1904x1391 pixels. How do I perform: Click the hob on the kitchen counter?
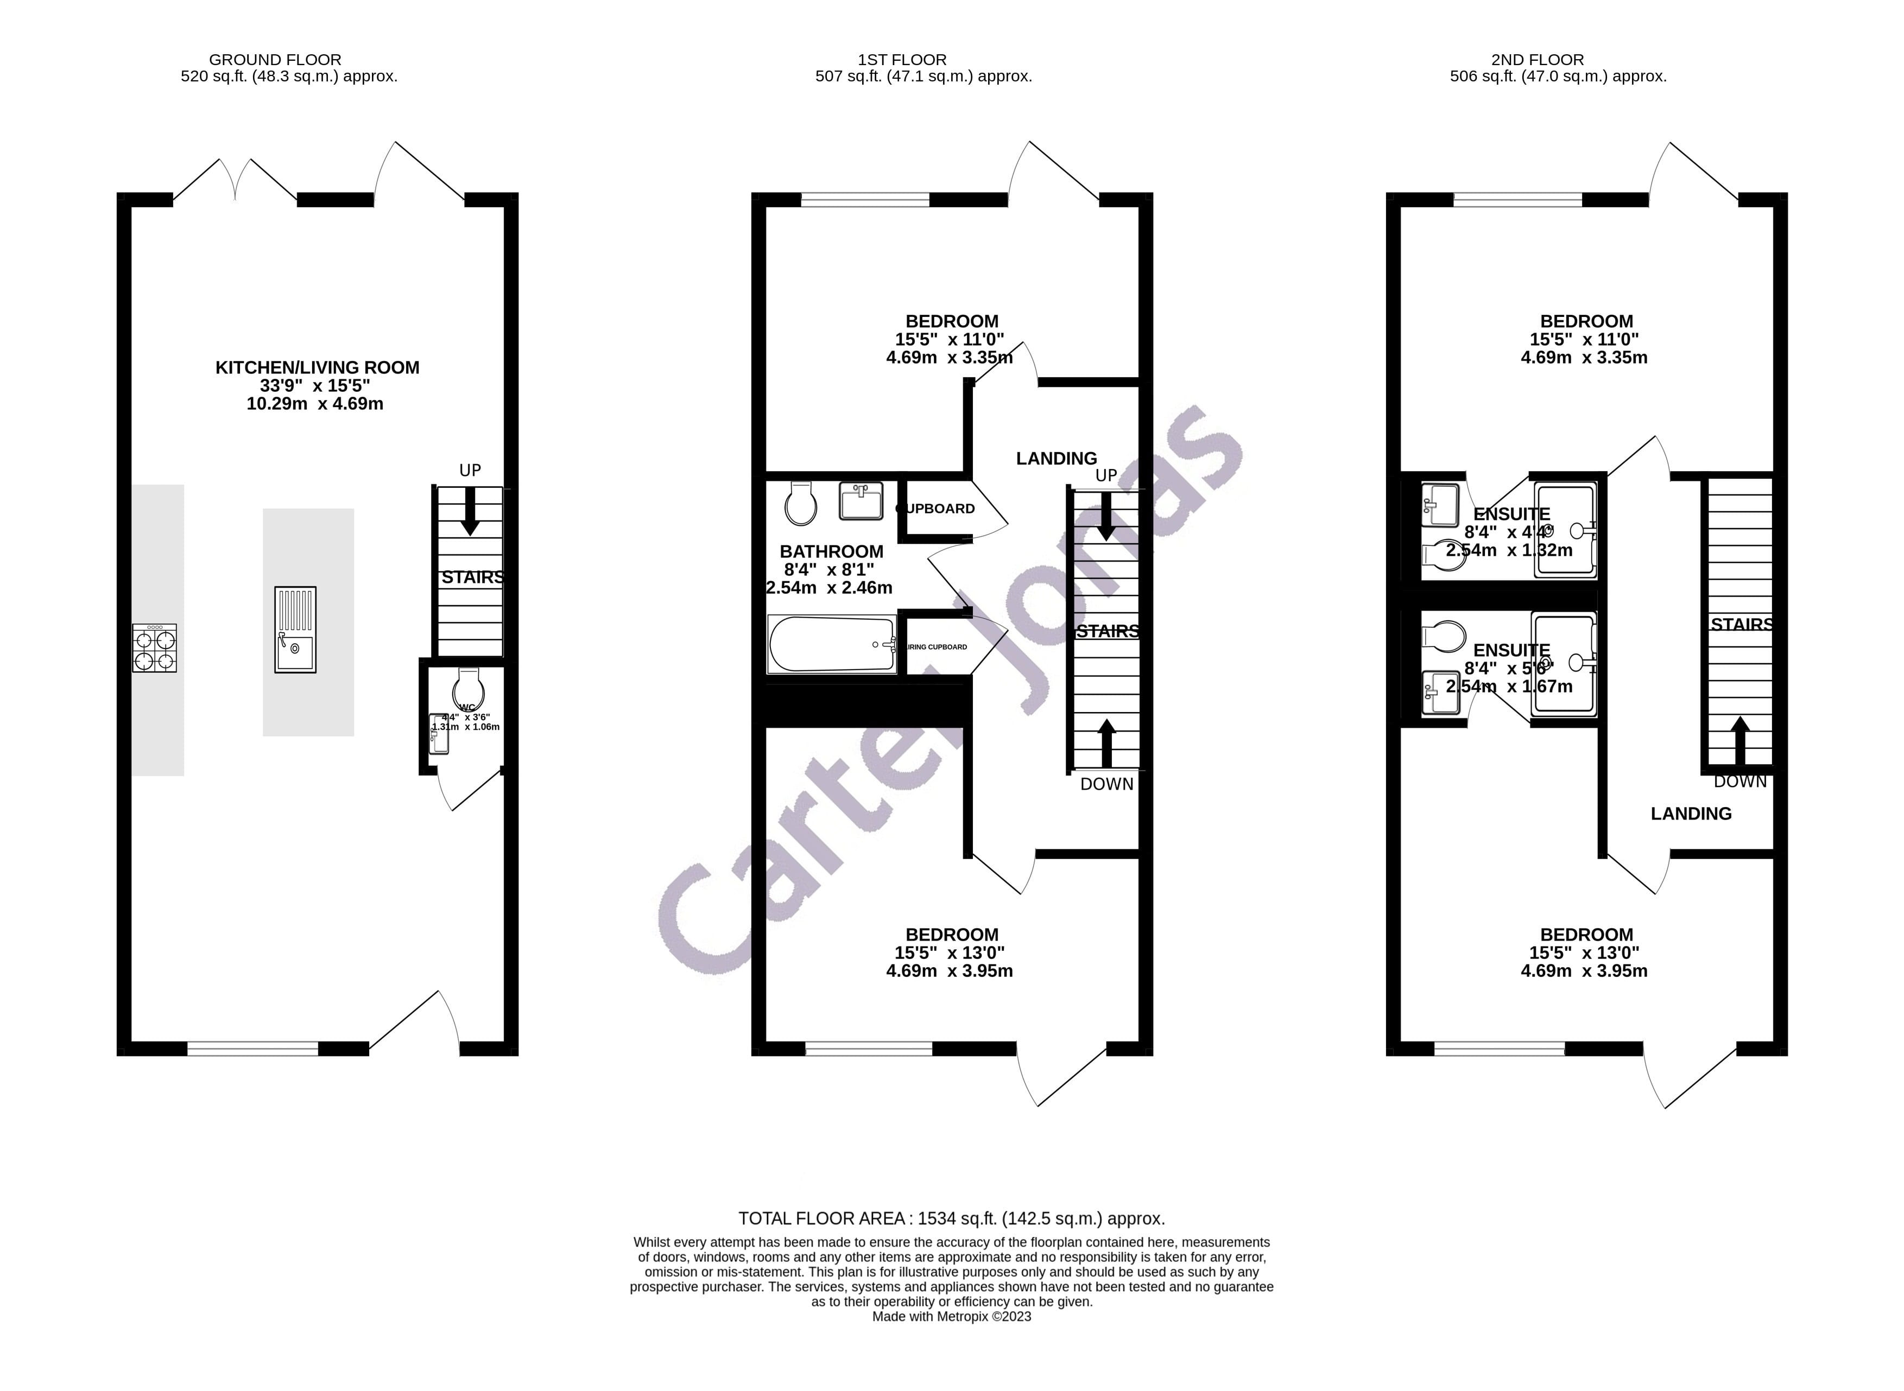[x=154, y=647]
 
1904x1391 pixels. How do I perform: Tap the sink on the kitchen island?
[x=295, y=629]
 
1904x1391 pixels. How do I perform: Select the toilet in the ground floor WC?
[x=468, y=689]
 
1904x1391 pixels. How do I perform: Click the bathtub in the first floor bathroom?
[x=831, y=645]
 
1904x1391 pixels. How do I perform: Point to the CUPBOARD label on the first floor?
[x=935, y=509]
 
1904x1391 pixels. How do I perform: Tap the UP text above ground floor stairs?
[x=470, y=470]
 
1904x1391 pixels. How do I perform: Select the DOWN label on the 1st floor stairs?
[x=1106, y=784]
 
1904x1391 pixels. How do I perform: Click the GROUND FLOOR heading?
[x=275, y=60]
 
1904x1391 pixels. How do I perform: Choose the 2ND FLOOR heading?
[x=1537, y=60]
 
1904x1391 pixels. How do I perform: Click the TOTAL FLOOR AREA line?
[x=952, y=1218]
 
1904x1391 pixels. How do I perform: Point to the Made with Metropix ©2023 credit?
[x=952, y=1316]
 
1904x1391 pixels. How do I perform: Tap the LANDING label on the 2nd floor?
[x=1691, y=814]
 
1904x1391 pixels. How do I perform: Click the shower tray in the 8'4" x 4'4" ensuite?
[x=1565, y=530]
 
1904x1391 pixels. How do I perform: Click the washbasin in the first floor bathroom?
[x=861, y=500]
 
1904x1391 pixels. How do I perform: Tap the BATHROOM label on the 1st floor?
[x=831, y=551]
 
